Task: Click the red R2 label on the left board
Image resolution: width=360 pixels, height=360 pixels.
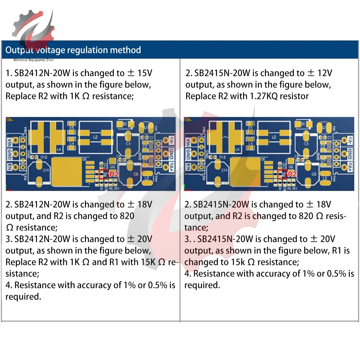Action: coord(114,174)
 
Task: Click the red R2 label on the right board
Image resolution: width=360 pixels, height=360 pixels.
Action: coord(292,174)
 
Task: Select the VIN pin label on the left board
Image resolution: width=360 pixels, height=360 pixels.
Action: coord(10,140)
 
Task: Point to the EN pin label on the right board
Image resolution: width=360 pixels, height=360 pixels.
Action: coord(188,167)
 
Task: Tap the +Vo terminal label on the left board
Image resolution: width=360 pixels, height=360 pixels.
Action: coord(171,167)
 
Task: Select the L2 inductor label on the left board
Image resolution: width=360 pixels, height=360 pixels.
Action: coord(96,137)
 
